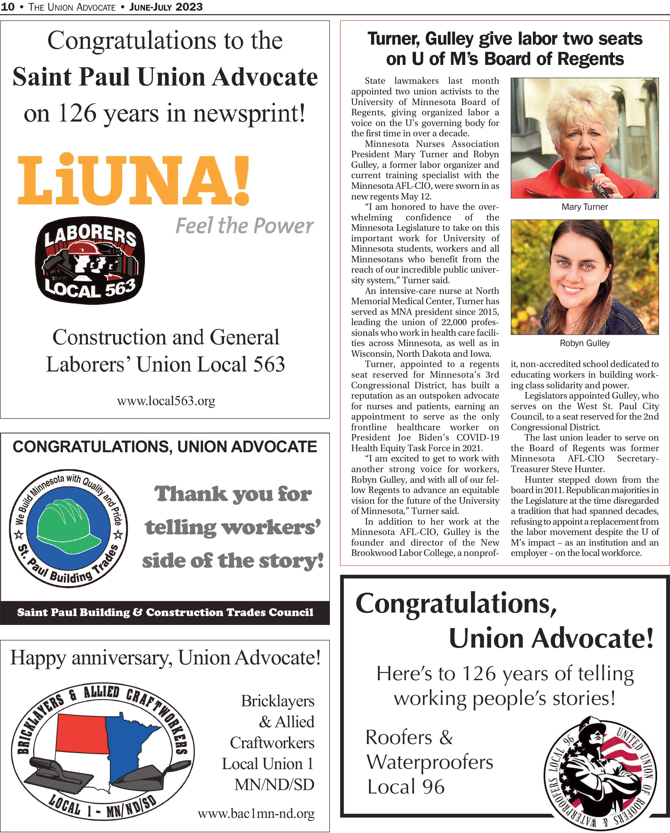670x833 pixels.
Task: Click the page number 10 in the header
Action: click(x=8, y=7)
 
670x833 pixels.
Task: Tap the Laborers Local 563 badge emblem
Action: click(x=90, y=260)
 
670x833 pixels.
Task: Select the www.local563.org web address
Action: click(x=166, y=401)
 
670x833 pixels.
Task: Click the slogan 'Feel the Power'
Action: click(x=244, y=226)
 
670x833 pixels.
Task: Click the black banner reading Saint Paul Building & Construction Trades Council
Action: click(x=165, y=612)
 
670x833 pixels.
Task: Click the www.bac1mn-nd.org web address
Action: click(x=256, y=813)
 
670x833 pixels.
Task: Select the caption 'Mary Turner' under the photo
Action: click(x=584, y=207)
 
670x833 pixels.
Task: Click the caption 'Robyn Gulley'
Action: click(x=584, y=343)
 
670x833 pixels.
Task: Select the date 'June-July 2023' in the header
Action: click(x=166, y=7)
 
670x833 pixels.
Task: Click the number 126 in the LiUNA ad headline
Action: click(x=77, y=114)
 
